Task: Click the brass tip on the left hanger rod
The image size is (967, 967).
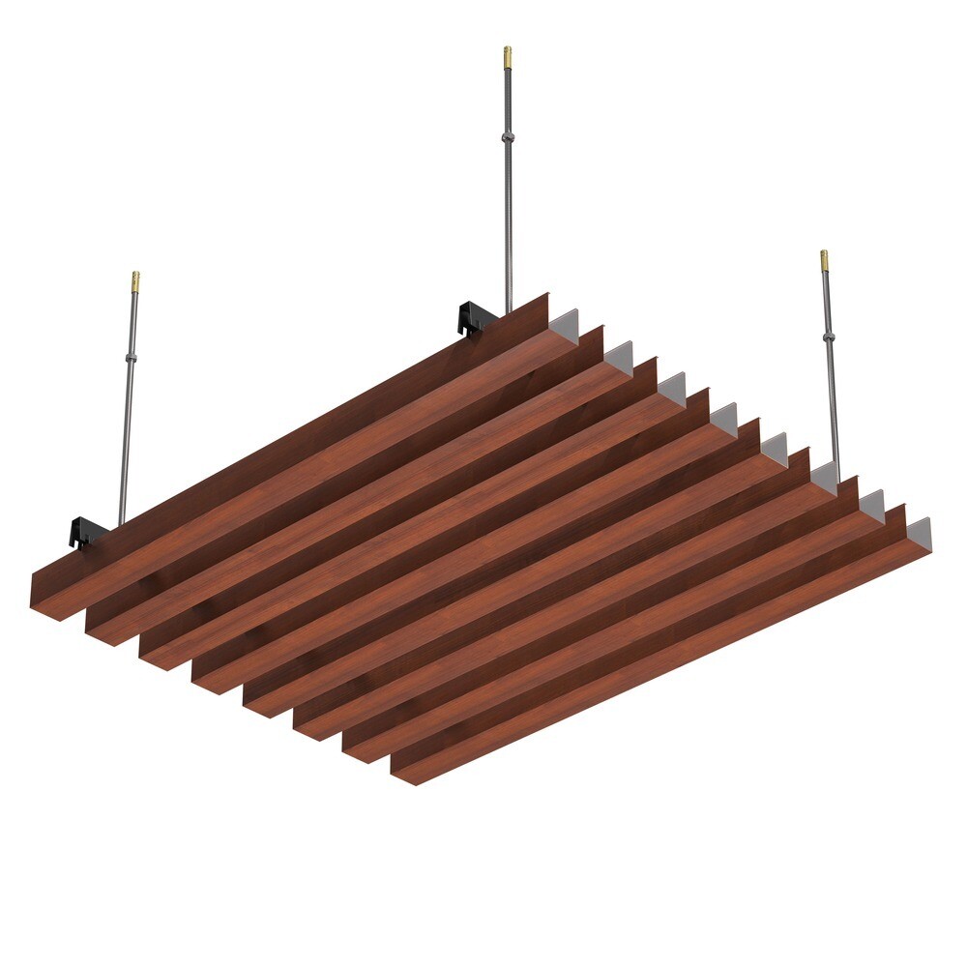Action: click(135, 282)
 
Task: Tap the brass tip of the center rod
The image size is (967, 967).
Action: click(507, 56)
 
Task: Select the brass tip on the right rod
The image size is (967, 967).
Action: click(824, 260)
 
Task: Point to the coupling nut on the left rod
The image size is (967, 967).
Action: click(131, 358)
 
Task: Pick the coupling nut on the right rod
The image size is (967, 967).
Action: click(829, 337)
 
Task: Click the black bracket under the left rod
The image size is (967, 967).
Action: click(86, 531)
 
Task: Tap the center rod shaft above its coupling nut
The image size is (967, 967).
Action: click(508, 97)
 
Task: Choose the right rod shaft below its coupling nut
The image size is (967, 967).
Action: click(833, 406)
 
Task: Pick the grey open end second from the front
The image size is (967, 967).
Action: click(872, 504)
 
